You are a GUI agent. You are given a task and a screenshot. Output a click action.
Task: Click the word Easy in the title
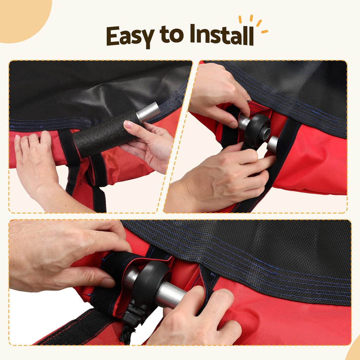pos(130,37)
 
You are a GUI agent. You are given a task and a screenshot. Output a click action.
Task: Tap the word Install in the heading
pos(222,35)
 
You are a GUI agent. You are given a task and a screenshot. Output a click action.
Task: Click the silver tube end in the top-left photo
pos(148,112)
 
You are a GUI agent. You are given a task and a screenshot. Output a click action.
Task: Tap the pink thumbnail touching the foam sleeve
pos(128,124)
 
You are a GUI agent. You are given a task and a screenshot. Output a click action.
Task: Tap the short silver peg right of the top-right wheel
pos(273,144)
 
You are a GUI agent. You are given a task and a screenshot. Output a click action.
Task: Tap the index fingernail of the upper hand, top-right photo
pos(233,125)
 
